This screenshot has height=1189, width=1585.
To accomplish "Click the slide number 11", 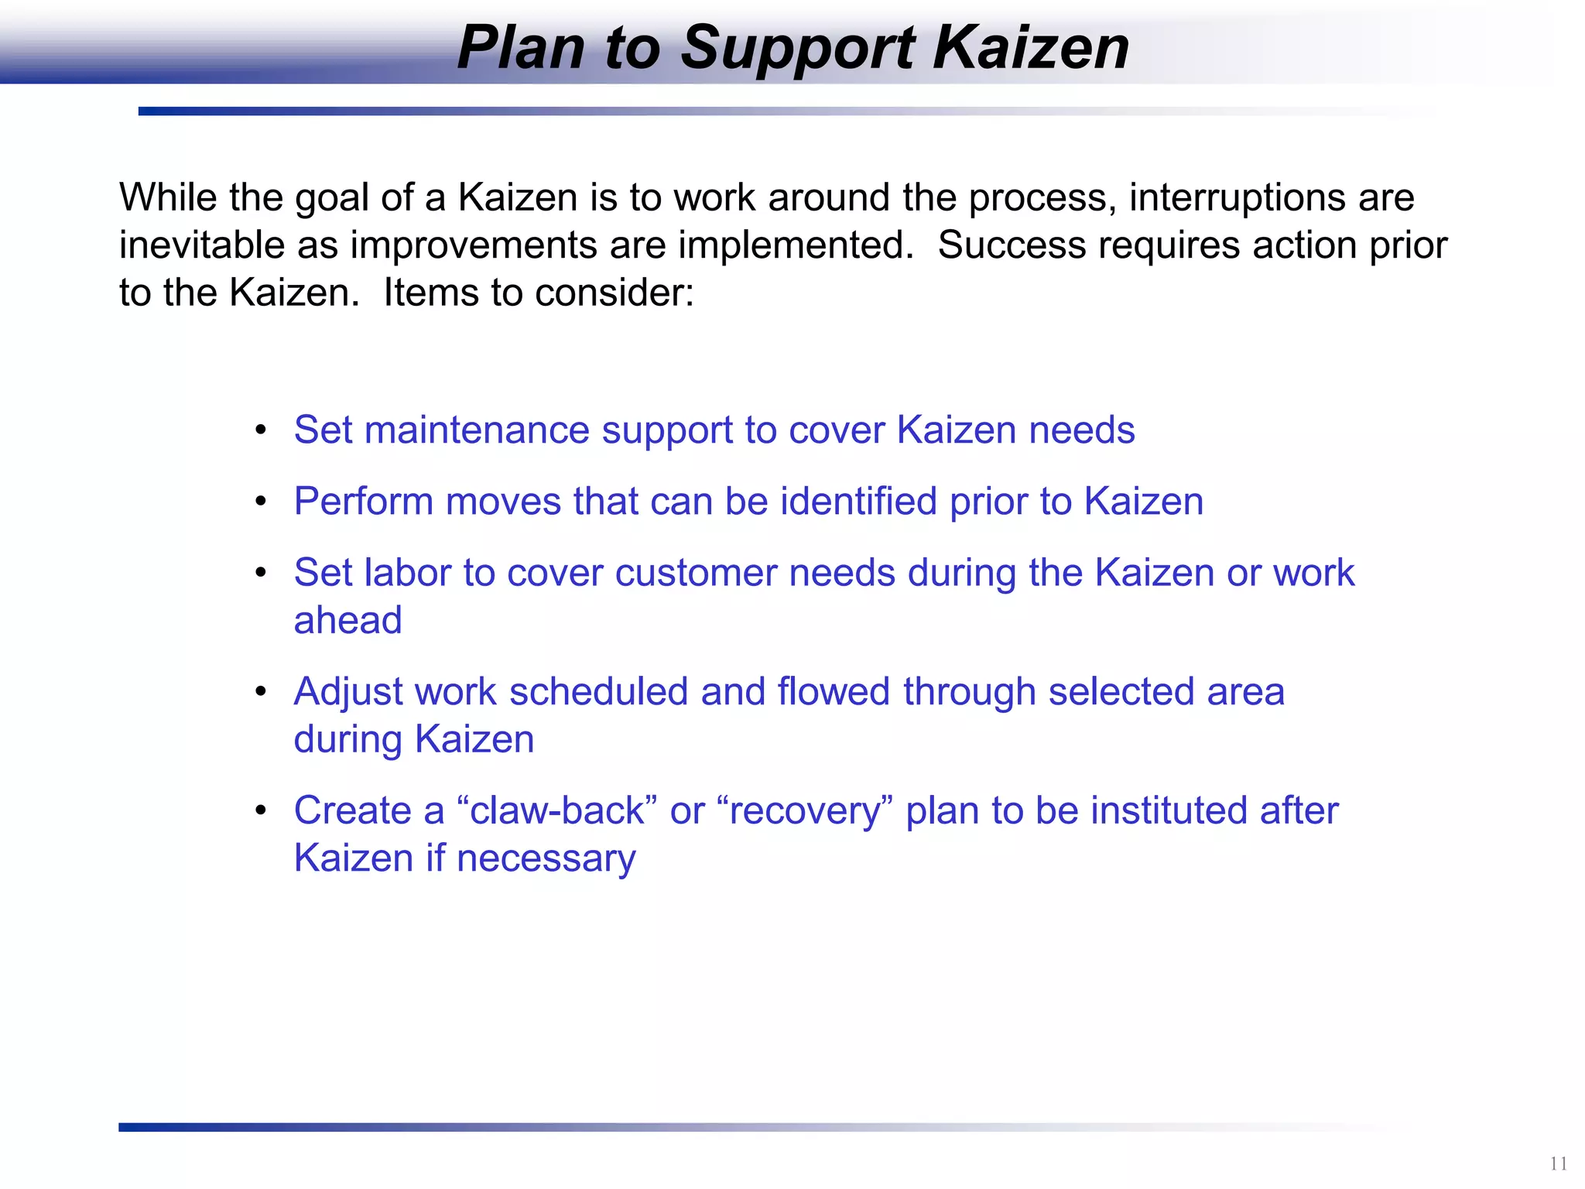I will click(x=1558, y=1163).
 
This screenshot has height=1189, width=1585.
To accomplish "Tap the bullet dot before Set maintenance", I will click(x=261, y=430).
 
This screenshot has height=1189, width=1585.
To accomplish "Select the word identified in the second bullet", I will click(x=858, y=502).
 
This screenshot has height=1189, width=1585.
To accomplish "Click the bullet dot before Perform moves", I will click(x=261, y=501).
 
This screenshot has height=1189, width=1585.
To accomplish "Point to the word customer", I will click(x=696, y=574).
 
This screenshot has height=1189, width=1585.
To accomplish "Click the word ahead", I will click(x=347, y=621).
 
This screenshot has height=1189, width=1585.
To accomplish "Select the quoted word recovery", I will click(x=805, y=811).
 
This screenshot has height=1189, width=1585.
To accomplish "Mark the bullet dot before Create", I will click(x=261, y=810).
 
